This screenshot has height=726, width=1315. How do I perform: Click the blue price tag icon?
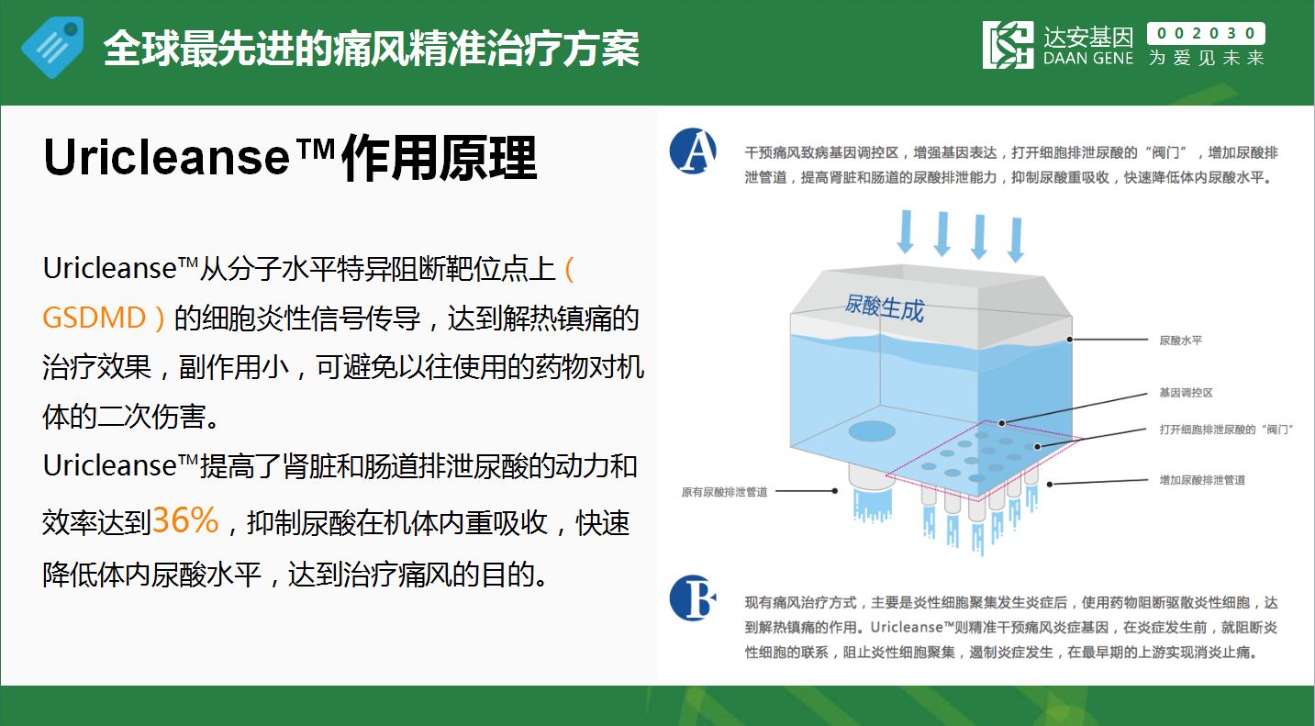pyautogui.click(x=52, y=47)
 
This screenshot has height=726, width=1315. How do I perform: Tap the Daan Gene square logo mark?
pyautogui.click(x=1008, y=45)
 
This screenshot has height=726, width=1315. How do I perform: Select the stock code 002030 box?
pyautogui.click(x=1206, y=33)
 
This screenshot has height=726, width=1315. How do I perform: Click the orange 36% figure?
pyautogui.click(x=185, y=520)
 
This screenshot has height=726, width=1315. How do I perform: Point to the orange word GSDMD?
pyautogui.click(x=95, y=318)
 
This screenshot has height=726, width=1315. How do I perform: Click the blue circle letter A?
pyautogui.click(x=693, y=151)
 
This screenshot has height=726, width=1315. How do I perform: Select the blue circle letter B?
pyautogui.click(x=693, y=598)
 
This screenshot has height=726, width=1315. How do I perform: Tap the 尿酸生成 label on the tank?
pyautogui.click(x=884, y=307)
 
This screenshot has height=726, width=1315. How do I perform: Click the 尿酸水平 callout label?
pyautogui.click(x=1181, y=341)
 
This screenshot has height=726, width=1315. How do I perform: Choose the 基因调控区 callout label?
pyautogui.click(x=1186, y=392)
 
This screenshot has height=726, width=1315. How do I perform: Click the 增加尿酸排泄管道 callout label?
pyautogui.click(x=1202, y=480)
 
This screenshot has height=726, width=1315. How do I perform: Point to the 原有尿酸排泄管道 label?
pyautogui.click(x=724, y=492)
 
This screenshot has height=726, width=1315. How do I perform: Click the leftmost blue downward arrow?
pyautogui.click(x=906, y=231)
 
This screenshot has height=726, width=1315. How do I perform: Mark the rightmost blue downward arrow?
pyautogui.click(x=1016, y=240)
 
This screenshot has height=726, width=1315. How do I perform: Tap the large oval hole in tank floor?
pyautogui.click(x=872, y=431)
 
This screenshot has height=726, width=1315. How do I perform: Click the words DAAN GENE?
pyautogui.click(x=1088, y=58)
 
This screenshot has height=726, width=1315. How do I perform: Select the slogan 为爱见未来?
pyautogui.click(x=1207, y=58)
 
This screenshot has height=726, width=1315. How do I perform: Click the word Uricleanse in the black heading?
pyautogui.click(x=167, y=158)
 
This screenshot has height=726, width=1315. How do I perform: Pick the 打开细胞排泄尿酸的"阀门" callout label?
pyautogui.click(x=1226, y=430)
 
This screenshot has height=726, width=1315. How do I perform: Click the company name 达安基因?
pyautogui.click(x=1088, y=37)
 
